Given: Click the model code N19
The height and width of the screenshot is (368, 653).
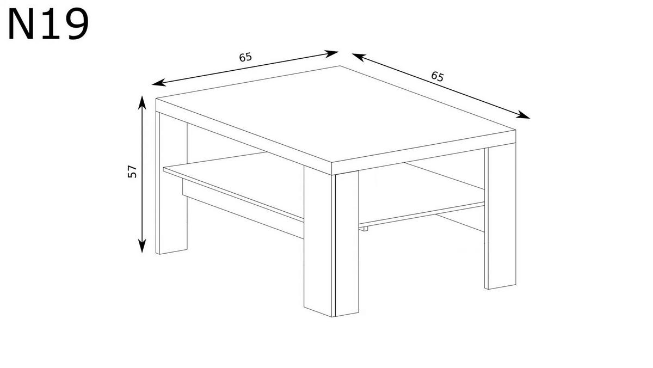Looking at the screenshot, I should click(x=48, y=26).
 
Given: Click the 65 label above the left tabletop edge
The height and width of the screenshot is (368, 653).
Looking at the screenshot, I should click(x=245, y=57).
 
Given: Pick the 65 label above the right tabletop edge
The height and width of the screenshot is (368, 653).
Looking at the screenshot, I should click(x=438, y=76).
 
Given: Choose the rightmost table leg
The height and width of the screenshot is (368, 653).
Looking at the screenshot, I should click(x=501, y=218).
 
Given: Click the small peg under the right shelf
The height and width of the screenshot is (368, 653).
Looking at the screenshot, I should click(x=365, y=229).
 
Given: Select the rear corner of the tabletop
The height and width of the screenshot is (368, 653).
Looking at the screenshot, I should click(x=341, y=66).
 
